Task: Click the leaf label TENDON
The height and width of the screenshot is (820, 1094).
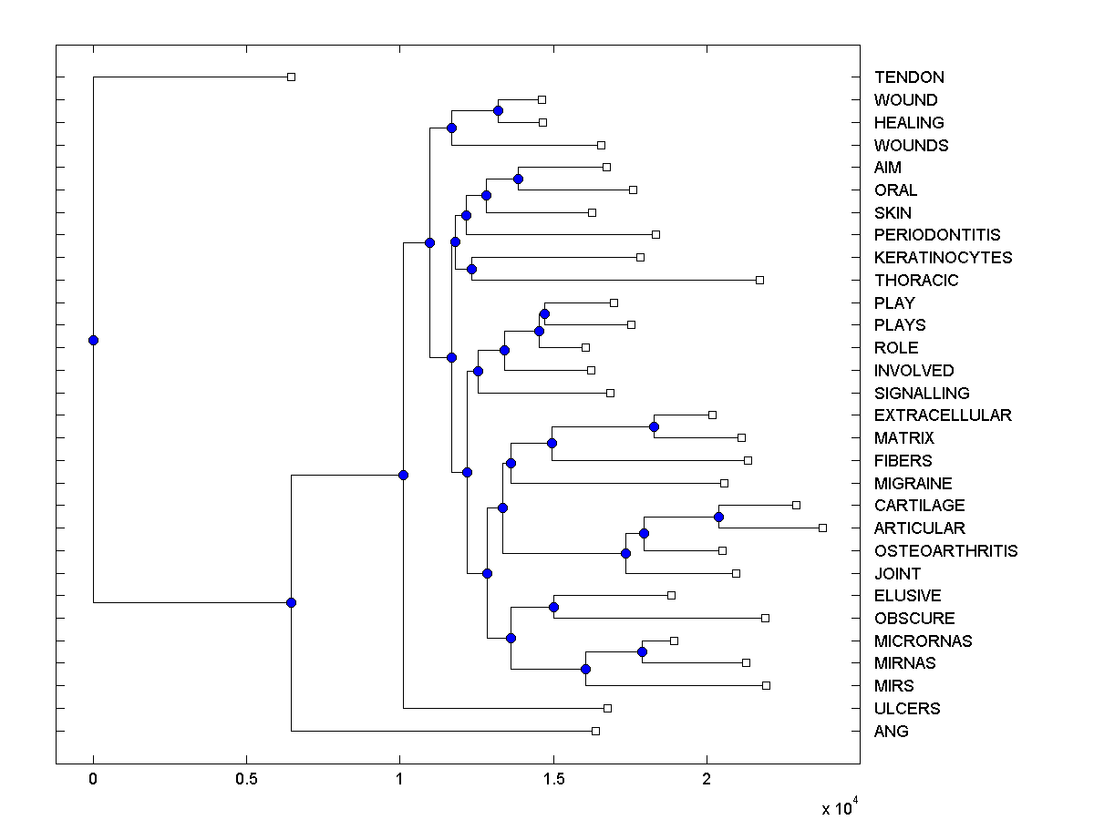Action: pos(909,77)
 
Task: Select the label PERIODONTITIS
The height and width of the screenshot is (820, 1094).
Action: pos(937,235)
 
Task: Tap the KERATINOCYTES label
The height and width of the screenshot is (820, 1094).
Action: pos(943,258)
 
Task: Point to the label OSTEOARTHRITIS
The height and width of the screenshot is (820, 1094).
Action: pos(945,551)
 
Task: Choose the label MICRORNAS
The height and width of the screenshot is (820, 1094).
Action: pos(923,641)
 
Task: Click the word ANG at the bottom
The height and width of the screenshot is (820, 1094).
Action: pos(891,732)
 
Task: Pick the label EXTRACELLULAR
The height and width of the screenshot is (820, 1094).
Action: pos(943,415)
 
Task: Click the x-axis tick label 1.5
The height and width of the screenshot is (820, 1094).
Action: pos(552,780)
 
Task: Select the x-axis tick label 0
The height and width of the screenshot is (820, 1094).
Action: pos(93,780)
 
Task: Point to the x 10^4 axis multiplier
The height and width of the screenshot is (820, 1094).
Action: pos(839,807)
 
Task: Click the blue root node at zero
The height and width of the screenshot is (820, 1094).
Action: pos(93,340)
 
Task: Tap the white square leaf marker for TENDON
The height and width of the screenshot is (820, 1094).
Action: pos(291,77)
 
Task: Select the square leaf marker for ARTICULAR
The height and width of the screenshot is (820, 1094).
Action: pos(822,528)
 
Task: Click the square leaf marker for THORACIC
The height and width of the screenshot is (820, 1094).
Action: pos(759,280)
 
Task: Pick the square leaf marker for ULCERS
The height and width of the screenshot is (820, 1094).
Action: pos(607,708)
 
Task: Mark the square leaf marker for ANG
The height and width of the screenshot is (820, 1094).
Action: pos(595,731)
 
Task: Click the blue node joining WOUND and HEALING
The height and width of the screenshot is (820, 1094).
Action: pos(498,110)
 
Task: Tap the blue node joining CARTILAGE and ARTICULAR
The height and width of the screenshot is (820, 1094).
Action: pos(718,517)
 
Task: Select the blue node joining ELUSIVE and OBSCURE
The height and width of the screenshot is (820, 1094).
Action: pos(553,607)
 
